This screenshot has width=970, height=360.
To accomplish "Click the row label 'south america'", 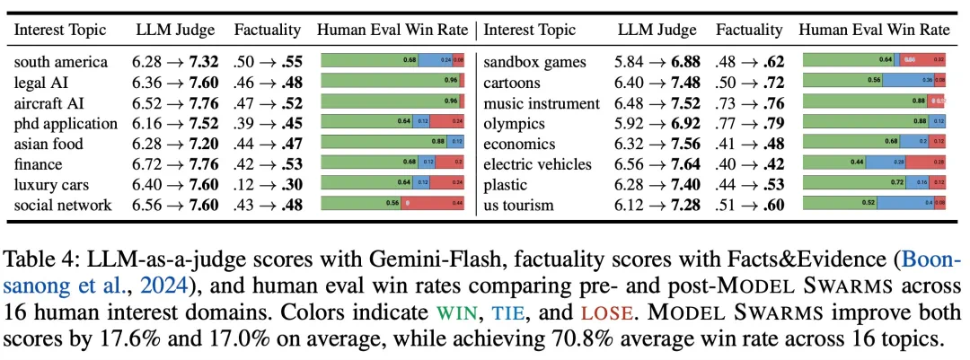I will tap(61, 62).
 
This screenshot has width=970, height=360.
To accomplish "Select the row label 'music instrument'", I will tap(542, 103).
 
